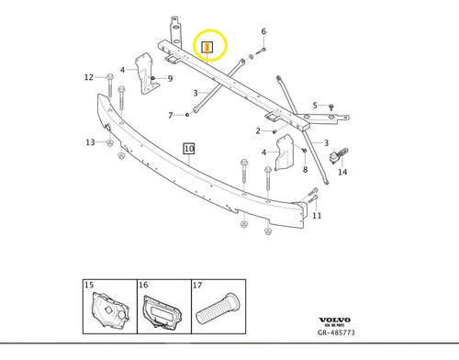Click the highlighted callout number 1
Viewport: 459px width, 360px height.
click(x=207, y=47)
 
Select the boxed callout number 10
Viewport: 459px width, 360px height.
click(x=188, y=147)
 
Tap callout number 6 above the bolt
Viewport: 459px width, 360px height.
click(x=263, y=32)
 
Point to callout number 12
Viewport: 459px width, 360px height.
click(x=89, y=77)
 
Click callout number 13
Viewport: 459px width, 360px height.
click(x=90, y=142)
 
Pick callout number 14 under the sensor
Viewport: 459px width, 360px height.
click(x=342, y=172)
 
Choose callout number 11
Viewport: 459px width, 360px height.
click(x=317, y=216)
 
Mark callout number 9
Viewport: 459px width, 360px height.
click(x=169, y=78)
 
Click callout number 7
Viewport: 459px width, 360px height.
click(x=171, y=115)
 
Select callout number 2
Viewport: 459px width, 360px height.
click(x=259, y=130)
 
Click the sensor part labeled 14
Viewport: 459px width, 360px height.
click(x=344, y=153)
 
